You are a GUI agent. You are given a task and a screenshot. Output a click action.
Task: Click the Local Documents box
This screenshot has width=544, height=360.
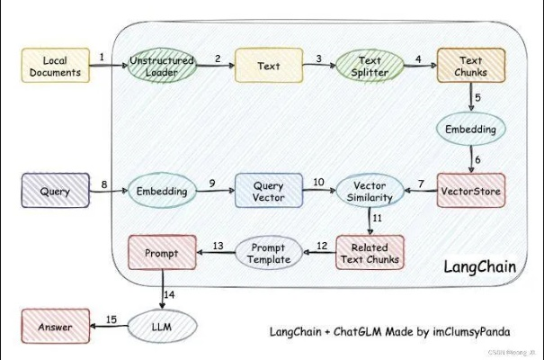coord(56,66)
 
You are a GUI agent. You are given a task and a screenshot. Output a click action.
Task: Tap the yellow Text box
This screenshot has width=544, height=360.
coord(268,66)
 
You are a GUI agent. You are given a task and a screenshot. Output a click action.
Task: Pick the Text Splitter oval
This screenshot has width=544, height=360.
coord(370,66)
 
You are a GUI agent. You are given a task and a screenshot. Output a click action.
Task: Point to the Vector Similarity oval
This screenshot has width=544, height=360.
coord(370,191)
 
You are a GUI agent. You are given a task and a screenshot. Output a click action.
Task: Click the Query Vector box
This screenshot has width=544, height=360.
coord(268,191)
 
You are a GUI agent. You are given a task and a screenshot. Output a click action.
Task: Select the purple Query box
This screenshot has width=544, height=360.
coord(56,191)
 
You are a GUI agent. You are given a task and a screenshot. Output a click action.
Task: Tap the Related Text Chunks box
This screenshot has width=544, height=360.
coord(370,253)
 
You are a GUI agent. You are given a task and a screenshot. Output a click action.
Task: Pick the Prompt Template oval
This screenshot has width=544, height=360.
coord(268,253)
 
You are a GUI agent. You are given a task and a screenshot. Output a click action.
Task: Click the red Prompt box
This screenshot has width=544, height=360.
coord(162,253)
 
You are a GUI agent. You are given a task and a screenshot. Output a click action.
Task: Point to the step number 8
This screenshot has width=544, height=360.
coord(103,184)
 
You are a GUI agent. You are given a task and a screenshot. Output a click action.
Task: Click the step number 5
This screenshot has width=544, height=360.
coord(478,97)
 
